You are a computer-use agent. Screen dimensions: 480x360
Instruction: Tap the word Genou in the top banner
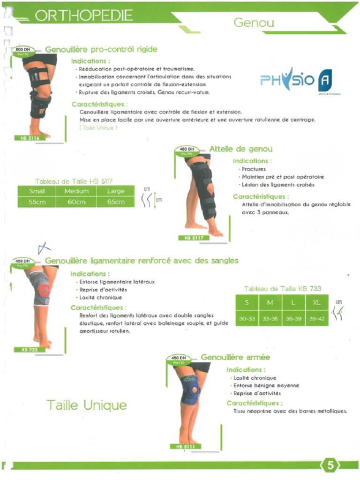click(x=254, y=22)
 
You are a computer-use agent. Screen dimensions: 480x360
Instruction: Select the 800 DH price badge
click(x=23, y=50)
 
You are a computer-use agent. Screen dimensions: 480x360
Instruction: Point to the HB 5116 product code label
click(x=29, y=138)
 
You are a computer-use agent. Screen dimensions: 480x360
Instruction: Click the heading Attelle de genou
click(x=241, y=149)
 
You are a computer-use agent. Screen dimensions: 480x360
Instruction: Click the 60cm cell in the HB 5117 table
click(x=76, y=202)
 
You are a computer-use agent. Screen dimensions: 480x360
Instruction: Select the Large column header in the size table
click(x=115, y=191)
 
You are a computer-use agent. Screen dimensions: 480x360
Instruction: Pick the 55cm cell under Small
click(x=37, y=202)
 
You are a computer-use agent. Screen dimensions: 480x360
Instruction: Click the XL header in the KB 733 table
click(x=317, y=303)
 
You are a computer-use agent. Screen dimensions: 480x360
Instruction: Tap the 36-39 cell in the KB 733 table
click(x=293, y=319)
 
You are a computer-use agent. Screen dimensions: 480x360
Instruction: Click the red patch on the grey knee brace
click(x=44, y=290)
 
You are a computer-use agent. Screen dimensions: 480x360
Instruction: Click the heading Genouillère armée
click(x=235, y=357)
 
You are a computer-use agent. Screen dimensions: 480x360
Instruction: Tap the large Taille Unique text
click(x=86, y=405)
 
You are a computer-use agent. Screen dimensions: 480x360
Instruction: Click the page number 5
click(x=330, y=465)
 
